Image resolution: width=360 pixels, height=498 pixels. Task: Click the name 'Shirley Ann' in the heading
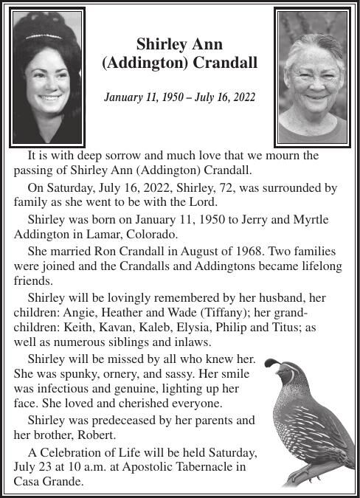coord(179,45)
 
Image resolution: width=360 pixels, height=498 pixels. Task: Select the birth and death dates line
coord(179,97)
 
